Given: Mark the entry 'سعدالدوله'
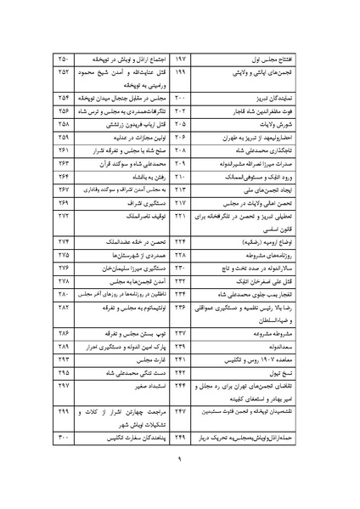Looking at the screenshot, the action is click(292, 348).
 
